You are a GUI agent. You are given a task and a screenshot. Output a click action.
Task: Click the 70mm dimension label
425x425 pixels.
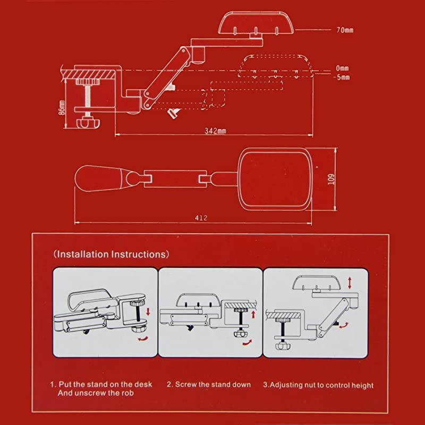(345, 30)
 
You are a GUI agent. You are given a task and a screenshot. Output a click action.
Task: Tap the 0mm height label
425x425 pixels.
(342, 68)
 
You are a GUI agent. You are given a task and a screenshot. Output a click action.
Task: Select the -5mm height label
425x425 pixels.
(342, 77)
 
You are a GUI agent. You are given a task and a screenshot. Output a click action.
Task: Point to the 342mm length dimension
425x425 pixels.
(215, 131)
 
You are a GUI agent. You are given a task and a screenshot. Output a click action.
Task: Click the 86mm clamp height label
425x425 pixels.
(62, 107)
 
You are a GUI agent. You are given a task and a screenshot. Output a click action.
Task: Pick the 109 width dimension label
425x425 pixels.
(331, 179)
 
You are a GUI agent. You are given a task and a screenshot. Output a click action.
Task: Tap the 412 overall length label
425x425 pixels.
(201, 218)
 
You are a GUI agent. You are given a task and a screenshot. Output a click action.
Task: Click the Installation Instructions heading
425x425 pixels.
(111, 254)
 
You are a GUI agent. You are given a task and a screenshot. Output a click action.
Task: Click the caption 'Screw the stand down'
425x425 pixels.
(213, 384)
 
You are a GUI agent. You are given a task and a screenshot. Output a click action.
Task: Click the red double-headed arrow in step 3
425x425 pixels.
(350, 283)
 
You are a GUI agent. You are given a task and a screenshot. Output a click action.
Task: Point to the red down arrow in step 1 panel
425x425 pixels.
(148, 311)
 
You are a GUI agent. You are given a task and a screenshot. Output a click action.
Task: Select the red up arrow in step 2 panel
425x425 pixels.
(253, 314)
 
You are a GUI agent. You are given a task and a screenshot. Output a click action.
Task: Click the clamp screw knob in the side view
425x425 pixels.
(88, 123)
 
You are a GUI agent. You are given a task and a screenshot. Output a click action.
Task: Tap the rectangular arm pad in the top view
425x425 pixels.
(275, 179)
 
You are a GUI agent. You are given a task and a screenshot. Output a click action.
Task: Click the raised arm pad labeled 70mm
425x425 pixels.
(256, 23)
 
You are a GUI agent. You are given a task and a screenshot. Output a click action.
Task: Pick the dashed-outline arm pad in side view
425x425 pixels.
(275, 66)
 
